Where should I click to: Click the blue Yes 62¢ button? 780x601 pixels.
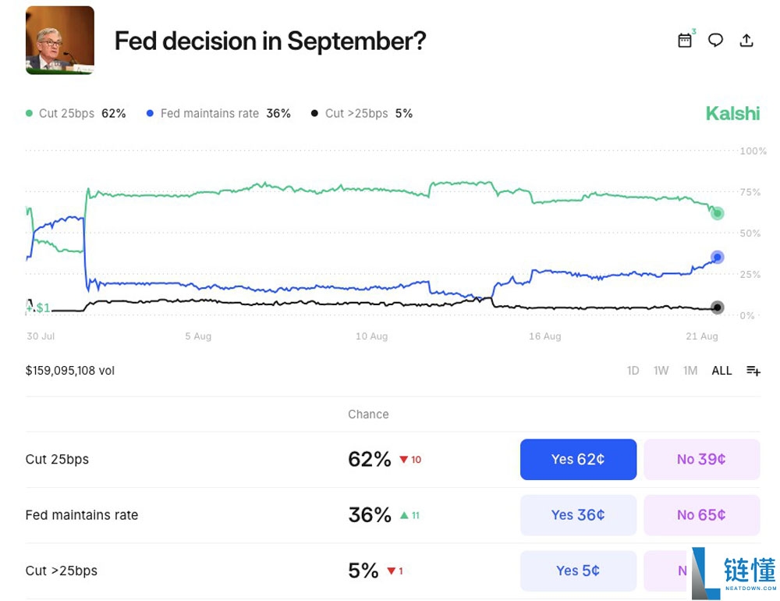click(578, 459)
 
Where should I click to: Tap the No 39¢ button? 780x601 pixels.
click(701, 459)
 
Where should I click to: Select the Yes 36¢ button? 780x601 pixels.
click(578, 515)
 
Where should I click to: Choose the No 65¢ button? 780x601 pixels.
click(701, 515)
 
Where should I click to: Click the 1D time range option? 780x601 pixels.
click(633, 371)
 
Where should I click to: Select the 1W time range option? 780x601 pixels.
click(661, 371)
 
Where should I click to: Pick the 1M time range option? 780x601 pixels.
click(690, 371)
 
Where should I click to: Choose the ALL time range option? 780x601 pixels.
click(721, 371)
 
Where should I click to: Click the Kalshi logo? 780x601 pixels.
click(732, 113)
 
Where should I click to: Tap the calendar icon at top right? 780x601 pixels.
click(685, 41)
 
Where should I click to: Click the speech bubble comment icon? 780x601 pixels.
click(715, 41)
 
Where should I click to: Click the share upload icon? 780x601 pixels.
click(746, 41)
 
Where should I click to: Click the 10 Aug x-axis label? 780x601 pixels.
click(371, 336)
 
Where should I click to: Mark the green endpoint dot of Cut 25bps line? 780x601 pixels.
click(718, 213)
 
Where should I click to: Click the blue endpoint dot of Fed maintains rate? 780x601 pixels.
click(718, 258)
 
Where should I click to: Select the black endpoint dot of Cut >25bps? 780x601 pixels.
click(718, 308)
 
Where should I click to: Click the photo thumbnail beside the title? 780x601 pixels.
click(60, 41)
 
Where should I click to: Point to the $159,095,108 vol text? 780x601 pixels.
click(70, 371)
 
